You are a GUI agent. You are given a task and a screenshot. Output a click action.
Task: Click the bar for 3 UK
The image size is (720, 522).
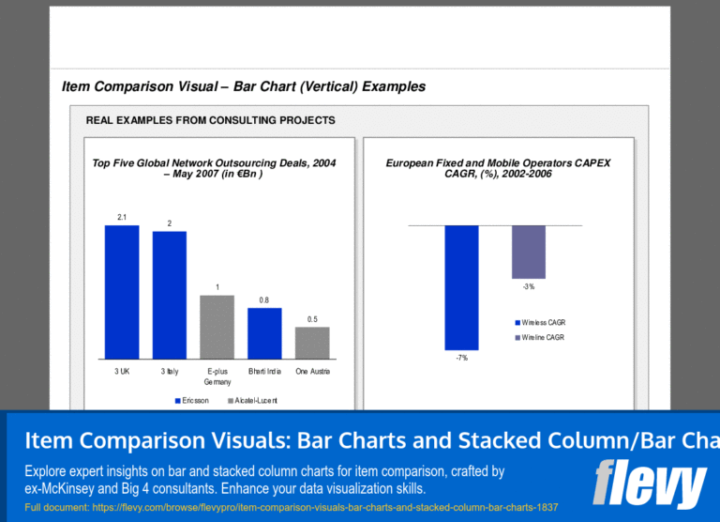[122, 292]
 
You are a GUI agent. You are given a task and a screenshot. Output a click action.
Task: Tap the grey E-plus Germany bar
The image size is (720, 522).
[217, 327]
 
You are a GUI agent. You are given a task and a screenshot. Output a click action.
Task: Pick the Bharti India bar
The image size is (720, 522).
[264, 333]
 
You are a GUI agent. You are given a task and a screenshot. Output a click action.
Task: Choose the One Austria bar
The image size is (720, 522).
[312, 343]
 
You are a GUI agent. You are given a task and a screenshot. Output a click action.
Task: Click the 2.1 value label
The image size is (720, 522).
[122, 217]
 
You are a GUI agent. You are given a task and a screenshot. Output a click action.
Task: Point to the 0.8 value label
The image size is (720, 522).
[264, 300]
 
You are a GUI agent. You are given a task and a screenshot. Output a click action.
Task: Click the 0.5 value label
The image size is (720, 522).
[312, 319]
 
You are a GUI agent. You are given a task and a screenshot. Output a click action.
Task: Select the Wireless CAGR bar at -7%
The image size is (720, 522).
[461, 287]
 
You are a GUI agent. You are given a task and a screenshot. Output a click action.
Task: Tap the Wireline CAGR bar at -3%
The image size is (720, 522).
[529, 252]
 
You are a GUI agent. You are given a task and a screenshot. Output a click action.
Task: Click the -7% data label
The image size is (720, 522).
[461, 358]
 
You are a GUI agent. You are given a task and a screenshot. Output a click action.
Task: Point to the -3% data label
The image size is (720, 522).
[529, 286]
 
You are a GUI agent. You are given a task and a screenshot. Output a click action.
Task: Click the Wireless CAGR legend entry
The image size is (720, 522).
[539, 323]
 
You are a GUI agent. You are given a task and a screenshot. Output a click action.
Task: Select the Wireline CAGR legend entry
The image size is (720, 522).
[538, 337]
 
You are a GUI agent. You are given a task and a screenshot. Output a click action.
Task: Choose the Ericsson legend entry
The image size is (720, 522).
[192, 401]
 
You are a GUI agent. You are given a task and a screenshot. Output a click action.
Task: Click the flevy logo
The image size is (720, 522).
[649, 483]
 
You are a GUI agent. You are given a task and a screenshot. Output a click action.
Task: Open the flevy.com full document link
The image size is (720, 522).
[291, 508]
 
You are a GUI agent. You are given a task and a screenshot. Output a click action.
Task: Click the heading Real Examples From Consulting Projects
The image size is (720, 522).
[211, 120]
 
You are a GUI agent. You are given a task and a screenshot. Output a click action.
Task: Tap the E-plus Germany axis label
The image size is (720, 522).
[217, 376]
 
